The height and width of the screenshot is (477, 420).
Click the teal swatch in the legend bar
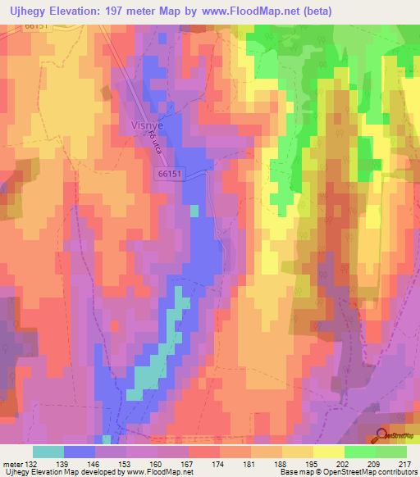click(48, 451)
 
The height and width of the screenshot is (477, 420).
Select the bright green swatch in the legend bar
click(360, 451)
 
